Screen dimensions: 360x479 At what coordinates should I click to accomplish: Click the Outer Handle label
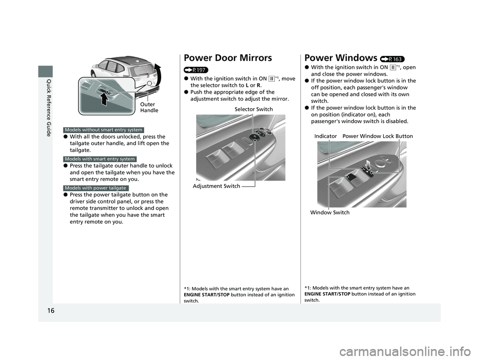(149, 107)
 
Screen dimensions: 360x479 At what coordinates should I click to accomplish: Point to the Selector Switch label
(253, 109)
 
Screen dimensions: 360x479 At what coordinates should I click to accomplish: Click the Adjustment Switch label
(216, 186)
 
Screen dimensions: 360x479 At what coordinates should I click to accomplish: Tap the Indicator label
(326, 136)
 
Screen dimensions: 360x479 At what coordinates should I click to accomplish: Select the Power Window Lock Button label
(378, 136)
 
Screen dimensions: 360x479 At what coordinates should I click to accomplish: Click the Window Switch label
(330, 212)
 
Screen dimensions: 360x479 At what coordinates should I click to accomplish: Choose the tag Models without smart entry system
(104, 130)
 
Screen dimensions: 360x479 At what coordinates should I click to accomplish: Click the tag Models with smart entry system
(100, 159)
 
